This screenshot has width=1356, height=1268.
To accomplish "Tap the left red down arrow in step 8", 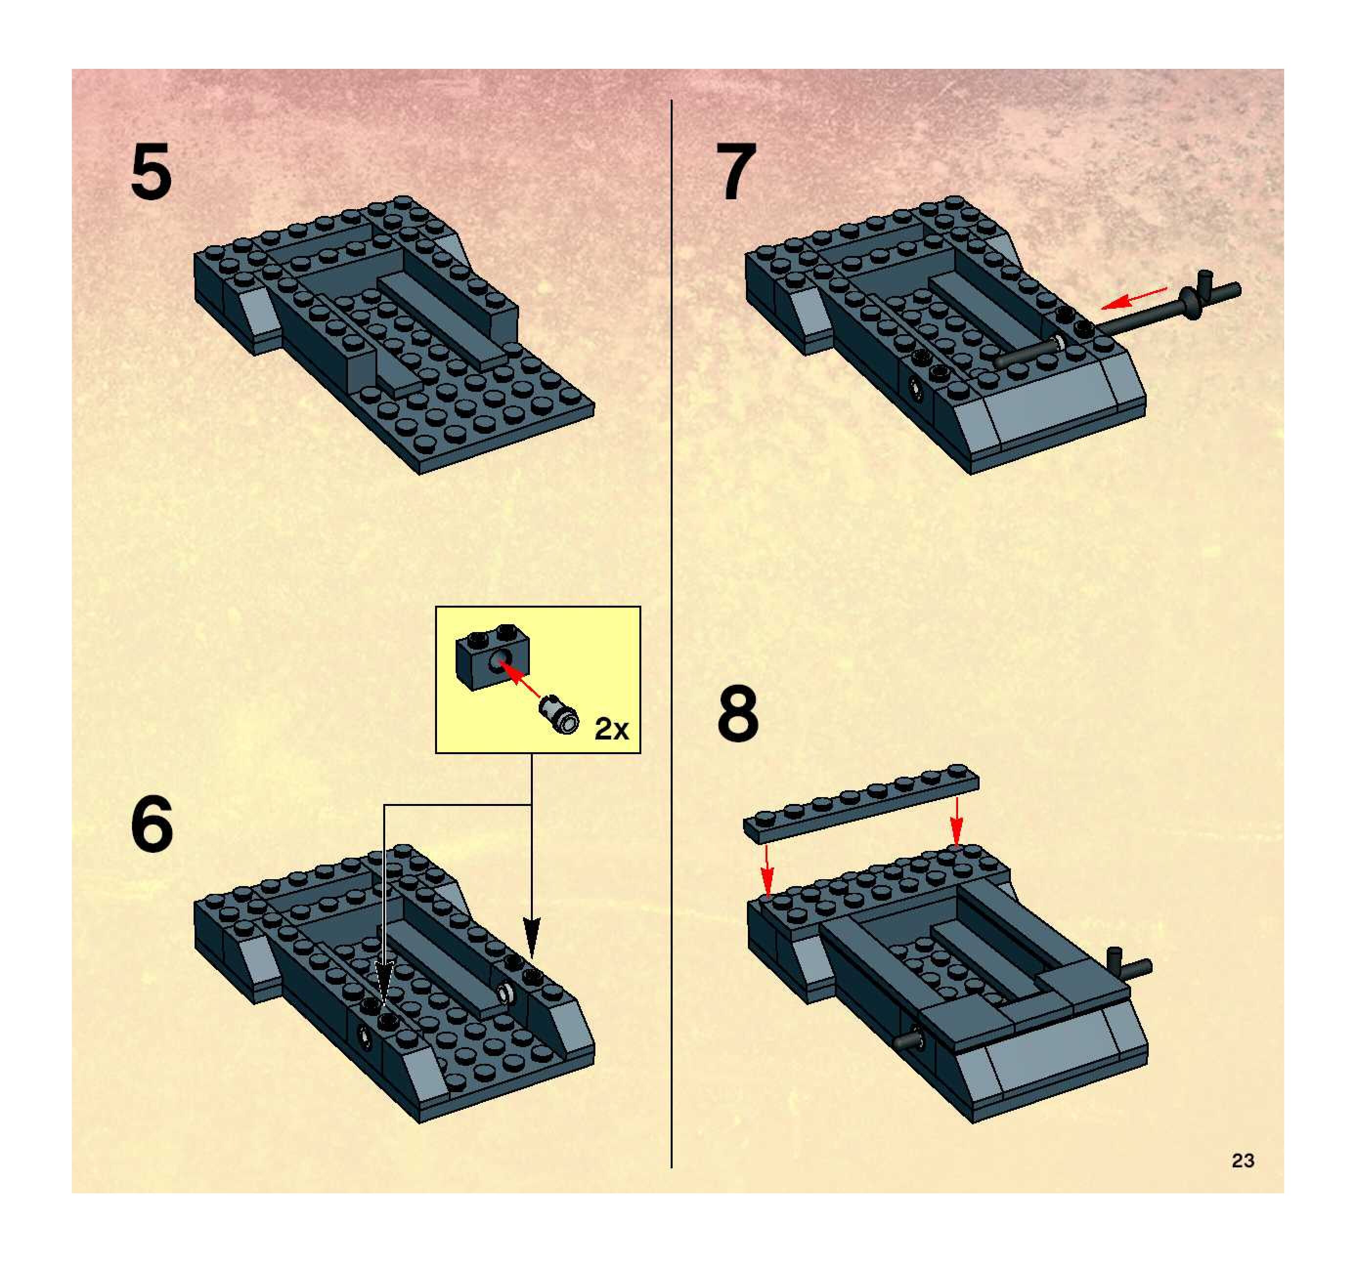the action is pyautogui.click(x=768, y=872).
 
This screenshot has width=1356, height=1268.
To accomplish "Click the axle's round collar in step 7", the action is pyautogui.click(x=1192, y=303).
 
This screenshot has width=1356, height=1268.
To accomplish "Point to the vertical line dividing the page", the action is pyautogui.click(x=671, y=634).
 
